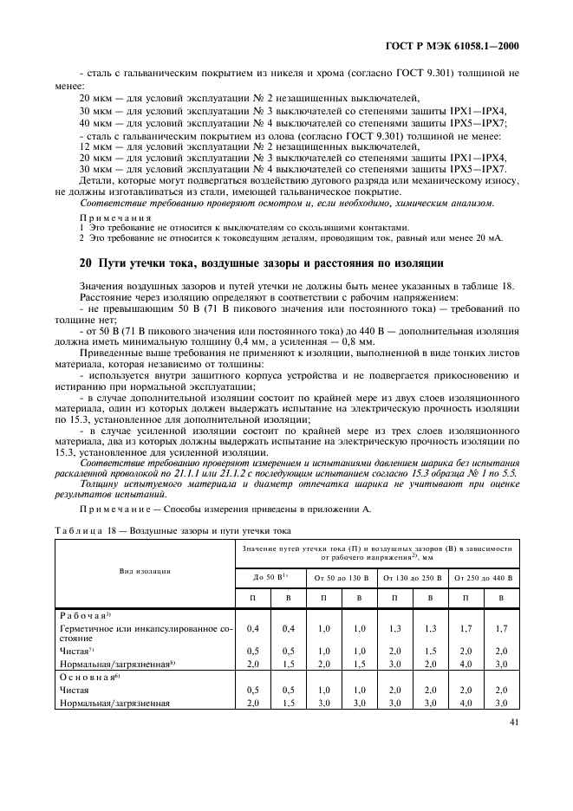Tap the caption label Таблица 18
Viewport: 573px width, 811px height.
tap(82, 530)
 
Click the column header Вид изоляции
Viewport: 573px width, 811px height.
tap(145, 571)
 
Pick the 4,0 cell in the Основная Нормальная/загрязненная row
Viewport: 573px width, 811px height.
tap(467, 704)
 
